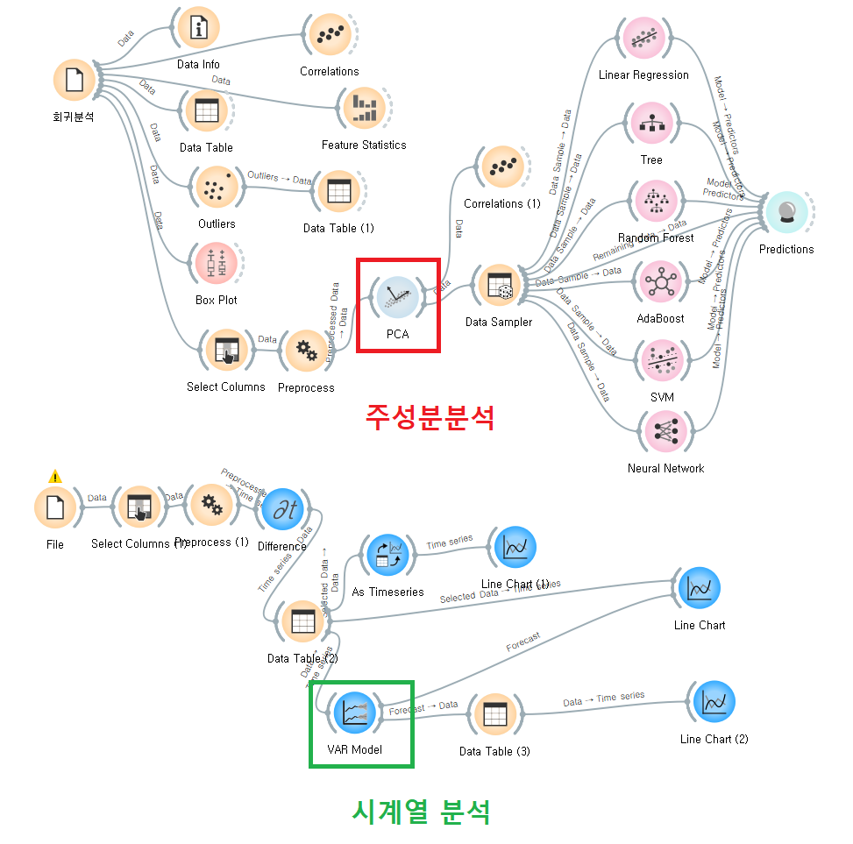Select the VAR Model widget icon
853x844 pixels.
(x=354, y=712)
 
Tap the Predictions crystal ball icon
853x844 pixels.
(x=785, y=212)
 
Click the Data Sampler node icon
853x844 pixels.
(x=498, y=286)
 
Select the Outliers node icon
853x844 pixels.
(x=216, y=187)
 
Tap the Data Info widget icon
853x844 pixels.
(x=198, y=28)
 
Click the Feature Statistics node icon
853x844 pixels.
(x=363, y=108)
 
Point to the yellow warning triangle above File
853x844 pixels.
(x=55, y=477)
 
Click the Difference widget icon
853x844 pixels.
(x=282, y=509)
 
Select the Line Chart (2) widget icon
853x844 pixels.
(x=714, y=702)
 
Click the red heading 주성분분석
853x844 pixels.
(x=430, y=417)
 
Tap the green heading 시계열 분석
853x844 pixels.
(x=421, y=812)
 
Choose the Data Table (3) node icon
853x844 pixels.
(x=495, y=714)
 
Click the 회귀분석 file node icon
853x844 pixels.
(x=74, y=81)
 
